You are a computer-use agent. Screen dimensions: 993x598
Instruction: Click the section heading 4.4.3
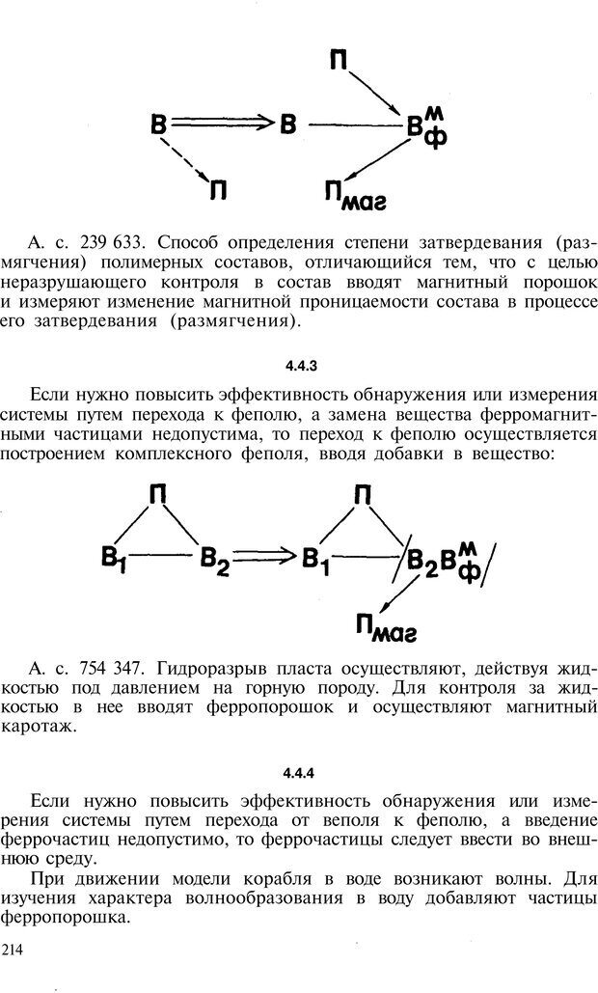[x=298, y=366]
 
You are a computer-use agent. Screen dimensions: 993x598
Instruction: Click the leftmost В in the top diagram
[x=160, y=124]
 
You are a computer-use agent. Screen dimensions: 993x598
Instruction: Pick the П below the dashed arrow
[x=218, y=190]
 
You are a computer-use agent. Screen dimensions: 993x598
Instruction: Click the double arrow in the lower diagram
[x=266, y=557]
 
